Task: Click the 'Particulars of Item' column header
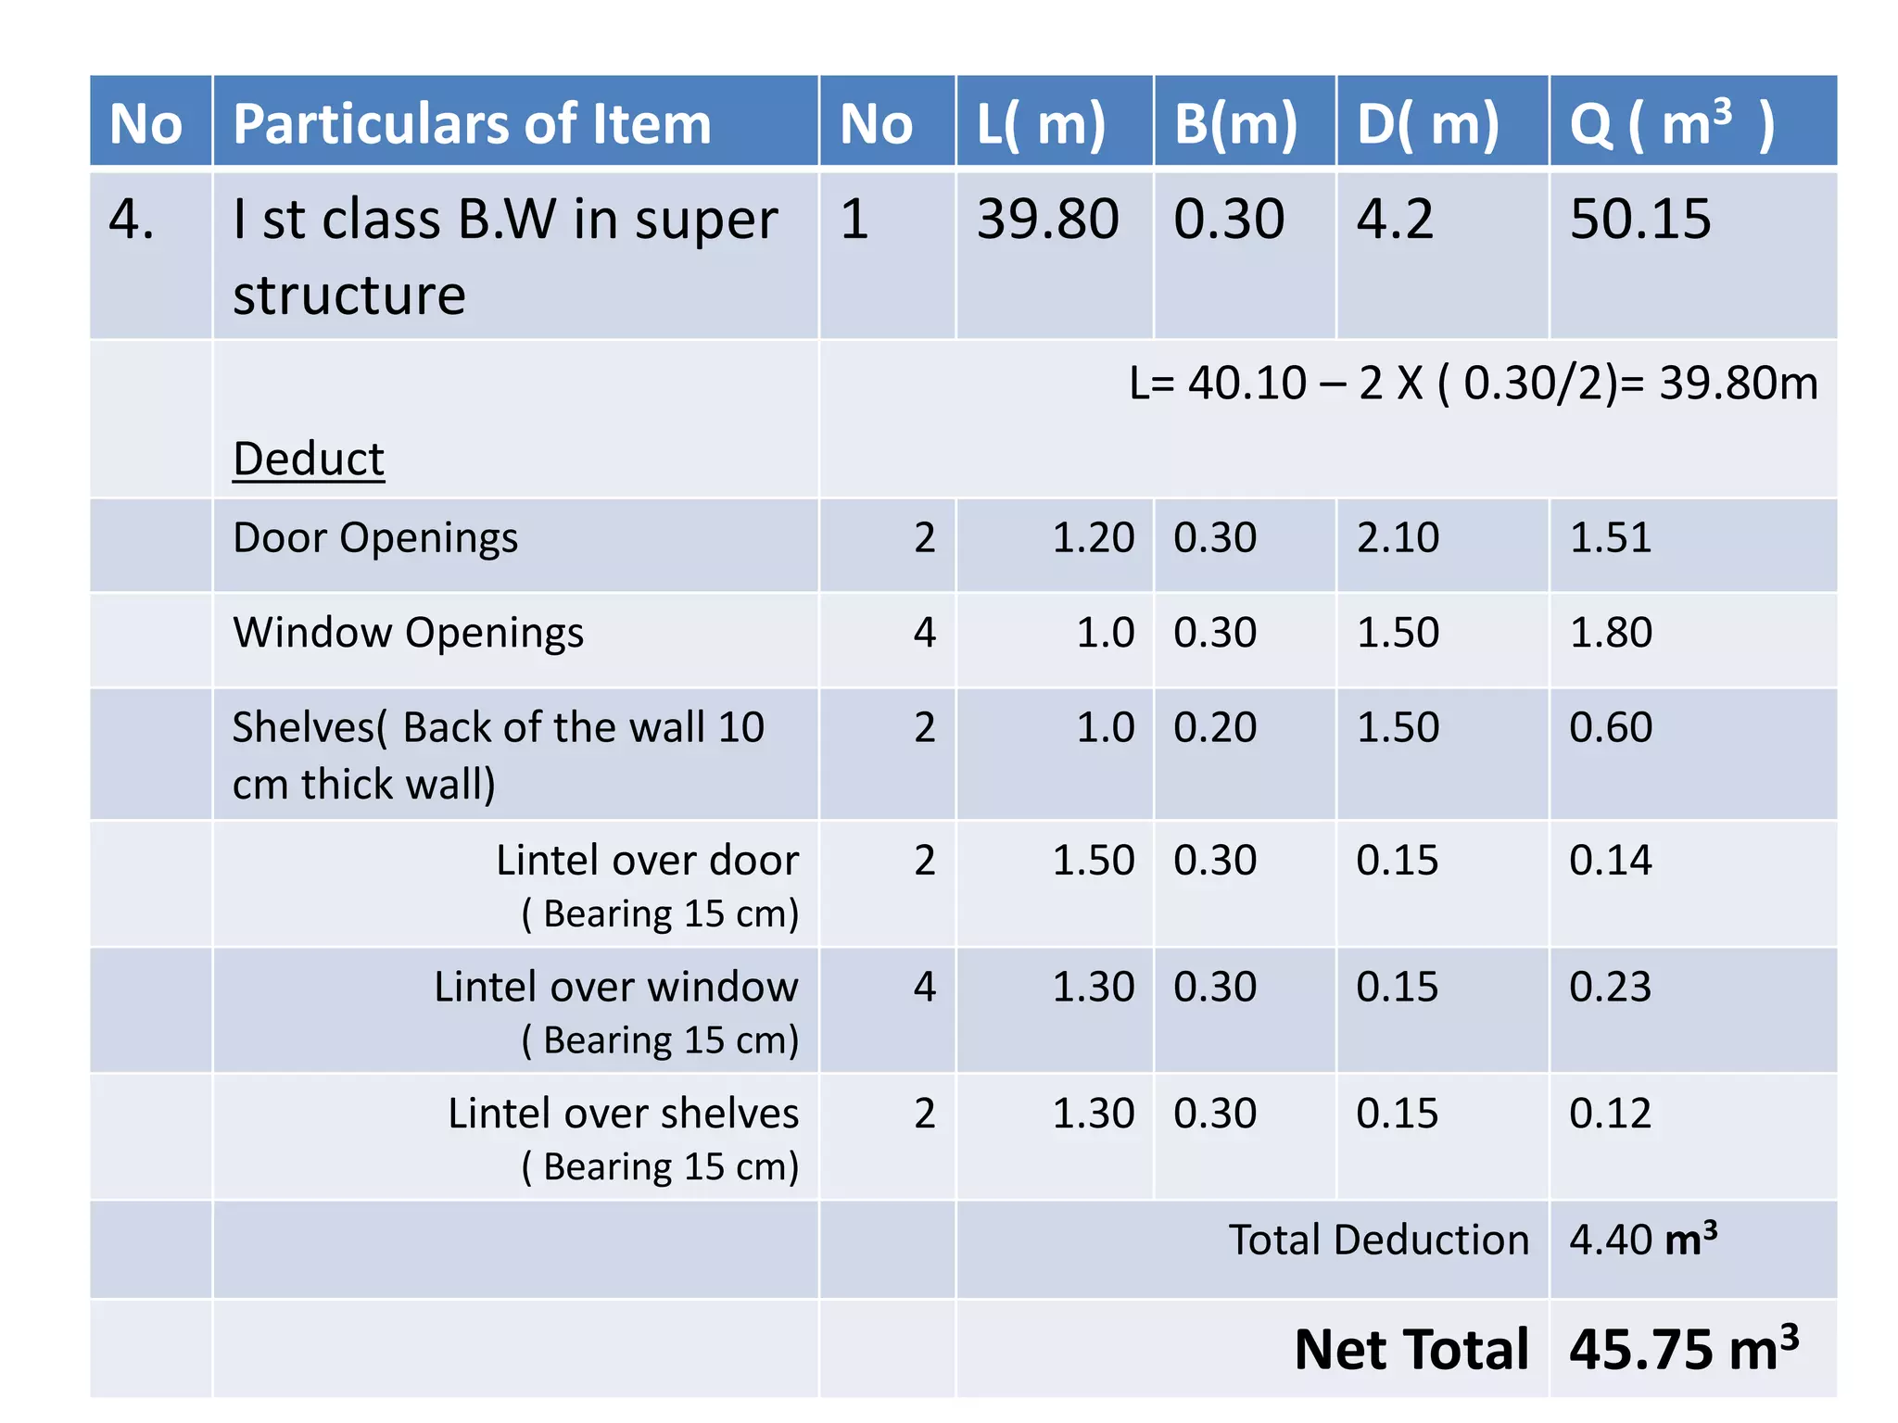coord(472,124)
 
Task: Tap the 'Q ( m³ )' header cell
coord(1671,124)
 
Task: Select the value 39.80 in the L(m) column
coord(1047,220)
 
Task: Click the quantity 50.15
coord(1639,220)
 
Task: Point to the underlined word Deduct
coord(308,459)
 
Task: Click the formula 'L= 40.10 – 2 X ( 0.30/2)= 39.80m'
coord(1473,383)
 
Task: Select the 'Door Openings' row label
coord(375,538)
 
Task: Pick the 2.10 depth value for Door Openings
coord(1398,538)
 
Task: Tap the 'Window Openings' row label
coord(408,633)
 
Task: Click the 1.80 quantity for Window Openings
coord(1610,633)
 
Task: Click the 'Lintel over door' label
coord(647,861)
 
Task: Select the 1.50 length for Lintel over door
coord(1093,861)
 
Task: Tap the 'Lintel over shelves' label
coord(623,1114)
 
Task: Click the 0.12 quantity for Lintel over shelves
coord(1610,1114)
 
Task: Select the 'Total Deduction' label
coord(1378,1240)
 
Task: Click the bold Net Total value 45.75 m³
coord(1683,1350)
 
